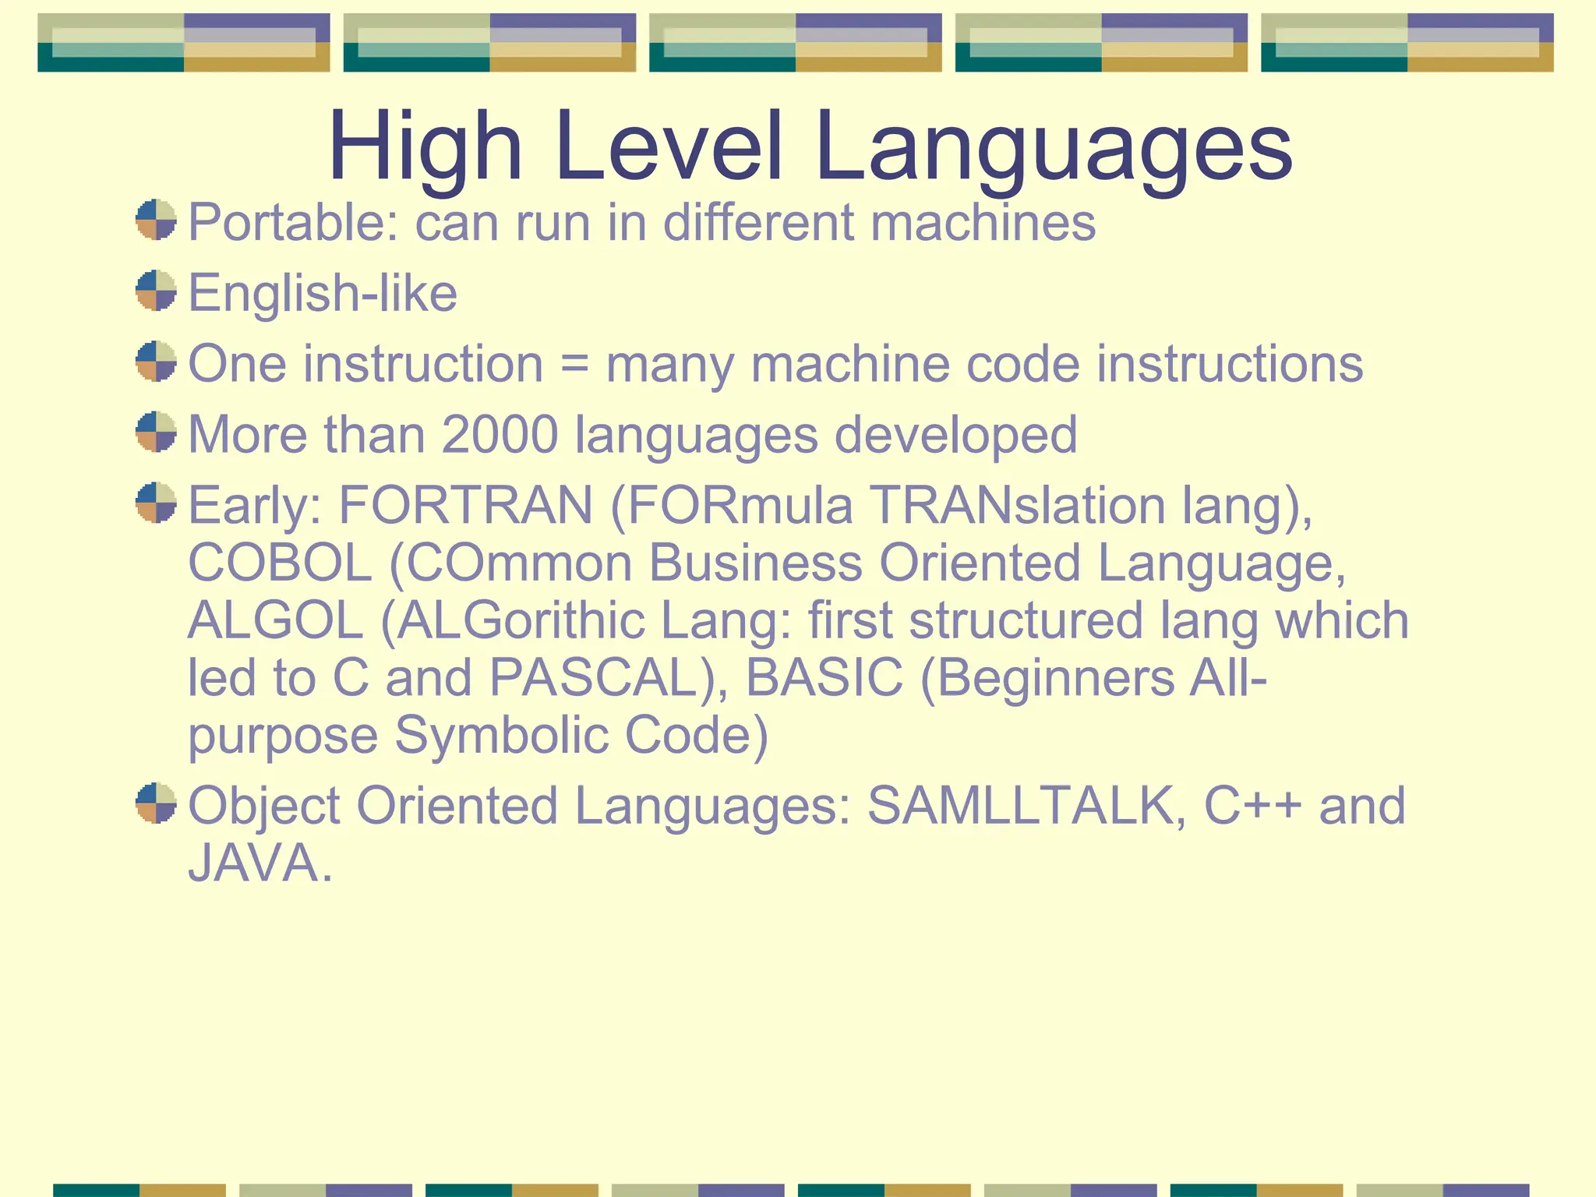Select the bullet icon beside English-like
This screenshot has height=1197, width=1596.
click(x=156, y=291)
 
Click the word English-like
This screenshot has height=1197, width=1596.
click(x=323, y=294)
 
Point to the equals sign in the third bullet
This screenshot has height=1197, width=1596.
click(x=574, y=365)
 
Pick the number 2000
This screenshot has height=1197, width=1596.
click(x=500, y=435)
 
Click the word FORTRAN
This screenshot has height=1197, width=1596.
click(x=465, y=506)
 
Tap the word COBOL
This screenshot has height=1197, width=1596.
click(x=280, y=563)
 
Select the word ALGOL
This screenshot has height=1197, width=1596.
click(x=276, y=621)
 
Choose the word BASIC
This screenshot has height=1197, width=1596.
click(x=824, y=678)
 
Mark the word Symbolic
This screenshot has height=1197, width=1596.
click(x=501, y=735)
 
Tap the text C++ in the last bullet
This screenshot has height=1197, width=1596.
click(x=1252, y=806)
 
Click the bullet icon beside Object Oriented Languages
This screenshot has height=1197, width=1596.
click(x=156, y=803)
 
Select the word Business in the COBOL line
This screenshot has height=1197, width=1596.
click(x=755, y=563)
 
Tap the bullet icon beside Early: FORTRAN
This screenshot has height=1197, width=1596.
click(x=156, y=503)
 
